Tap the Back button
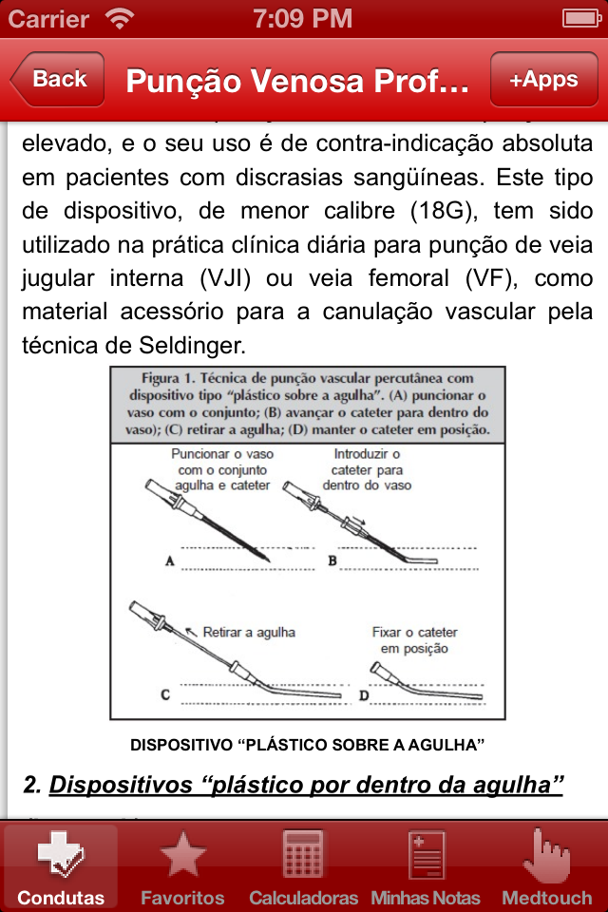pos(58,80)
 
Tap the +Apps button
pos(543,80)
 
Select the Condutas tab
pos(61,865)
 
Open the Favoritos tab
pos(182,865)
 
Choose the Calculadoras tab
pos(304,865)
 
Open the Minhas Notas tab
pos(426,865)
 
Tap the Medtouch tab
pos(547,865)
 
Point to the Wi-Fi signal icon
pos(120,18)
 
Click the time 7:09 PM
pos(303,18)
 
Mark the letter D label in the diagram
pos(363,695)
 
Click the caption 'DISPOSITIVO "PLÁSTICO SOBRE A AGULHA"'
pos(307,744)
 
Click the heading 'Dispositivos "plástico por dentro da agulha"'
pos(306,785)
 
